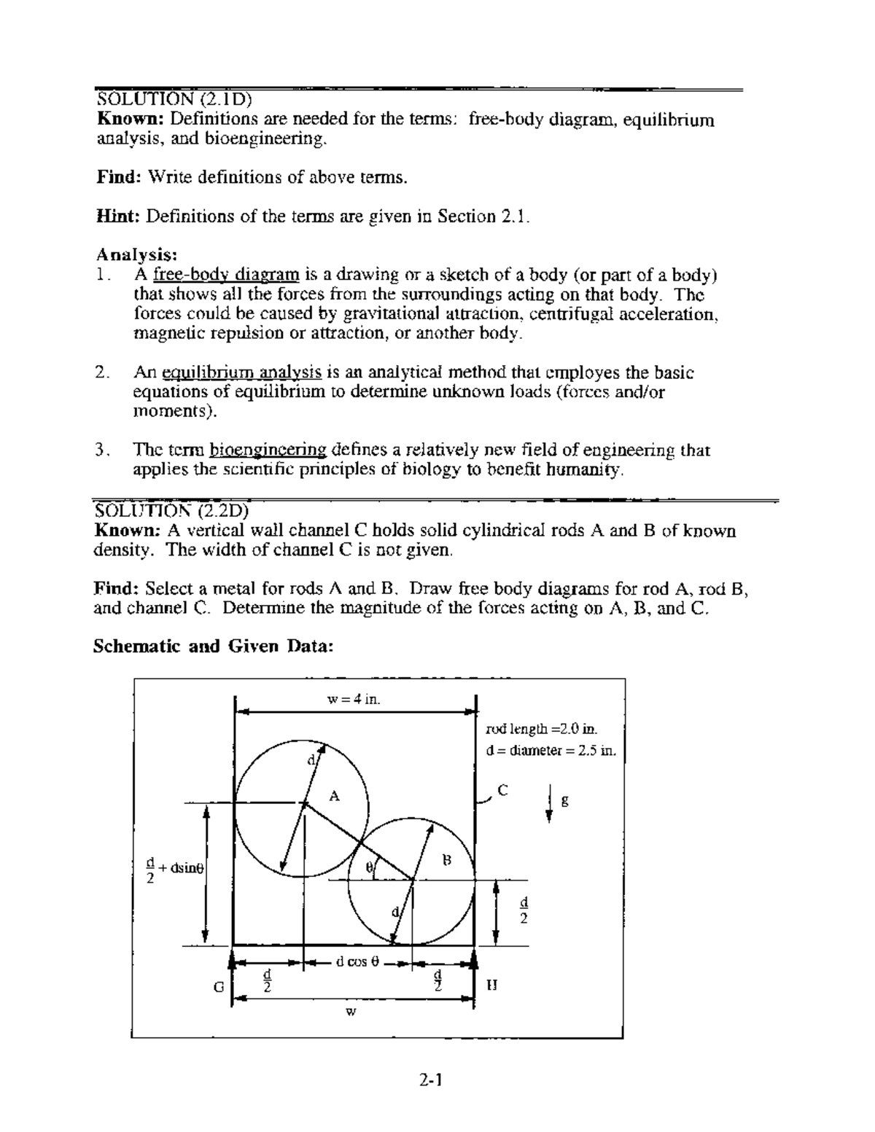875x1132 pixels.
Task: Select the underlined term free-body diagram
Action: [x=226, y=275]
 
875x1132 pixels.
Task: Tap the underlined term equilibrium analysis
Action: [x=241, y=372]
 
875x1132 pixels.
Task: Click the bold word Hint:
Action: [x=120, y=216]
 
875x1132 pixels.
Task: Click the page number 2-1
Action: [x=432, y=1080]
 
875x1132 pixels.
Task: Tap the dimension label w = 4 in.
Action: [x=354, y=700]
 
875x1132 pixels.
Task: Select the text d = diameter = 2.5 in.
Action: [x=551, y=751]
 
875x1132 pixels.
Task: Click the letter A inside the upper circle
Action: [x=334, y=795]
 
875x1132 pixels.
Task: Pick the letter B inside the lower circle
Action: [x=447, y=860]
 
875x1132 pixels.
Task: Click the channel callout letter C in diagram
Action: [x=502, y=789]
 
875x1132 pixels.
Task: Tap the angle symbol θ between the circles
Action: [x=370, y=867]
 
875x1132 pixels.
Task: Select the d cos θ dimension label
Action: [x=357, y=961]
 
